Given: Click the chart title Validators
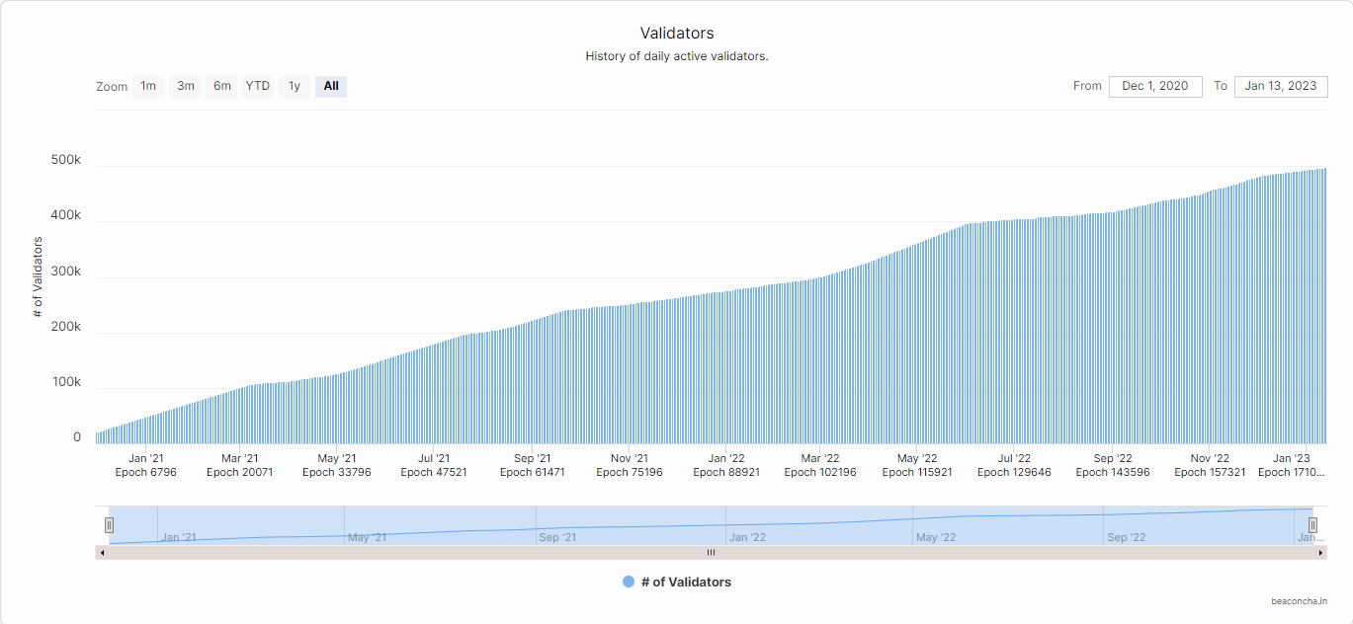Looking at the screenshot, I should coord(676,34).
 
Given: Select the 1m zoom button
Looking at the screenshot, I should coord(147,86).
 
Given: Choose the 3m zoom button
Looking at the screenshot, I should coord(186,86).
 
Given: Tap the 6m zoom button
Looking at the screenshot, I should coord(222,86).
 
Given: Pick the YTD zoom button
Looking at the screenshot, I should coord(258,86).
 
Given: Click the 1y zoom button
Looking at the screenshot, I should coord(295,86).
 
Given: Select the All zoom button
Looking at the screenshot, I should coord(331,86).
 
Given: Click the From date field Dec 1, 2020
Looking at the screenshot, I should coord(1155,86).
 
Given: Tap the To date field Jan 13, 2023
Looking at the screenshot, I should coord(1280,86).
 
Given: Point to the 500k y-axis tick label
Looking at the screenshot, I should coord(66,160).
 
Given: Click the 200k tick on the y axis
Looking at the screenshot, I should coord(66,327).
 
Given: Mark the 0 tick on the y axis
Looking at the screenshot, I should coord(77,437).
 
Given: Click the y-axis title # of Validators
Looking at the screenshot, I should coord(38,277).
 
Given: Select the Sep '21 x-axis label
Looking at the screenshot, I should coord(532,458).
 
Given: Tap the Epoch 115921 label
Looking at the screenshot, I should coord(917,472).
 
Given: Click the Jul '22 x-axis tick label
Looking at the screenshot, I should coord(1014,458).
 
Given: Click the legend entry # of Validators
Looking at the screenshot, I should coord(677,583).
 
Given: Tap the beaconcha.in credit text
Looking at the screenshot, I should coord(1299,600).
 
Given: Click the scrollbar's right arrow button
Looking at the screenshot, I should coord(1321,552).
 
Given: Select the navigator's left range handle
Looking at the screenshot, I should coord(110,525).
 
